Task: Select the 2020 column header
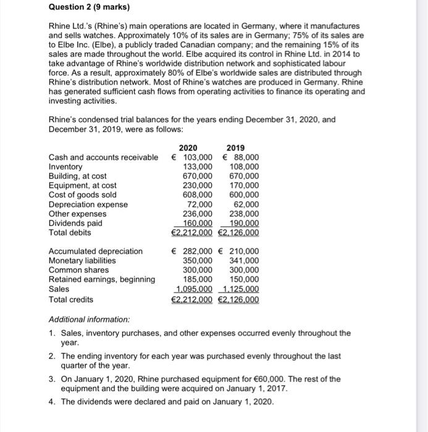pyautogui.click(x=188, y=147)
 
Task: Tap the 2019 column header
pyautogui.click(x=235, y=147)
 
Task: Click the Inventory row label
pyautogui.click(x=65, y=167)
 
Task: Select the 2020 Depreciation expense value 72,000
pyautogui.click(x=200, y=204)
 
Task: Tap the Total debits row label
pyautogui.click(x=70, y=232)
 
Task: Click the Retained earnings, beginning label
pyautogui.click(x=102, y=280)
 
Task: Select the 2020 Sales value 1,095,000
pyautogui.click(x=195, y=289)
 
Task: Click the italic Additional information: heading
pyautogui.click(x=89, y=320)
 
